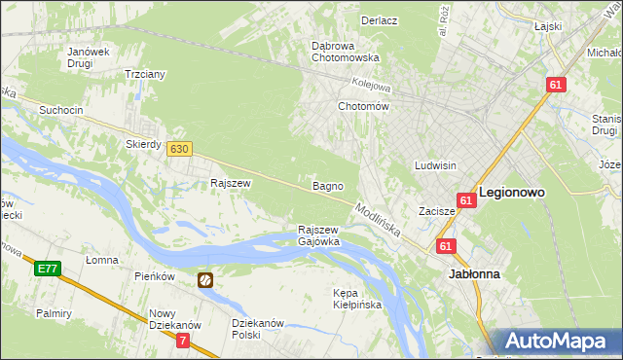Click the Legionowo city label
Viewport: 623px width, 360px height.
tap(511, 193)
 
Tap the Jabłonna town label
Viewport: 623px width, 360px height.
tap(474, 274)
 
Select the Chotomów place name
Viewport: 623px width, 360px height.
tap(363, 106)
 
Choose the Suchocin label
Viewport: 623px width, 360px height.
tap(60, 110)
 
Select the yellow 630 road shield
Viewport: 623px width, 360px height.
tap(178, 149)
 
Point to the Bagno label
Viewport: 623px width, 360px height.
tap(325, 185)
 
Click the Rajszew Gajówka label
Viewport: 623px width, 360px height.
tap(318, 235)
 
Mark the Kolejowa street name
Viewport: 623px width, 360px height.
tap(371, 85)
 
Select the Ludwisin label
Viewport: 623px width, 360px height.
tap(435, 165)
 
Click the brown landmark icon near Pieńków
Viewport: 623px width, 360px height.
tap(206, 280)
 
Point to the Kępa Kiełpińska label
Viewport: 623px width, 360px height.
tap(357, 299)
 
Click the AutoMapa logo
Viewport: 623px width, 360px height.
tap(557, 342)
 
